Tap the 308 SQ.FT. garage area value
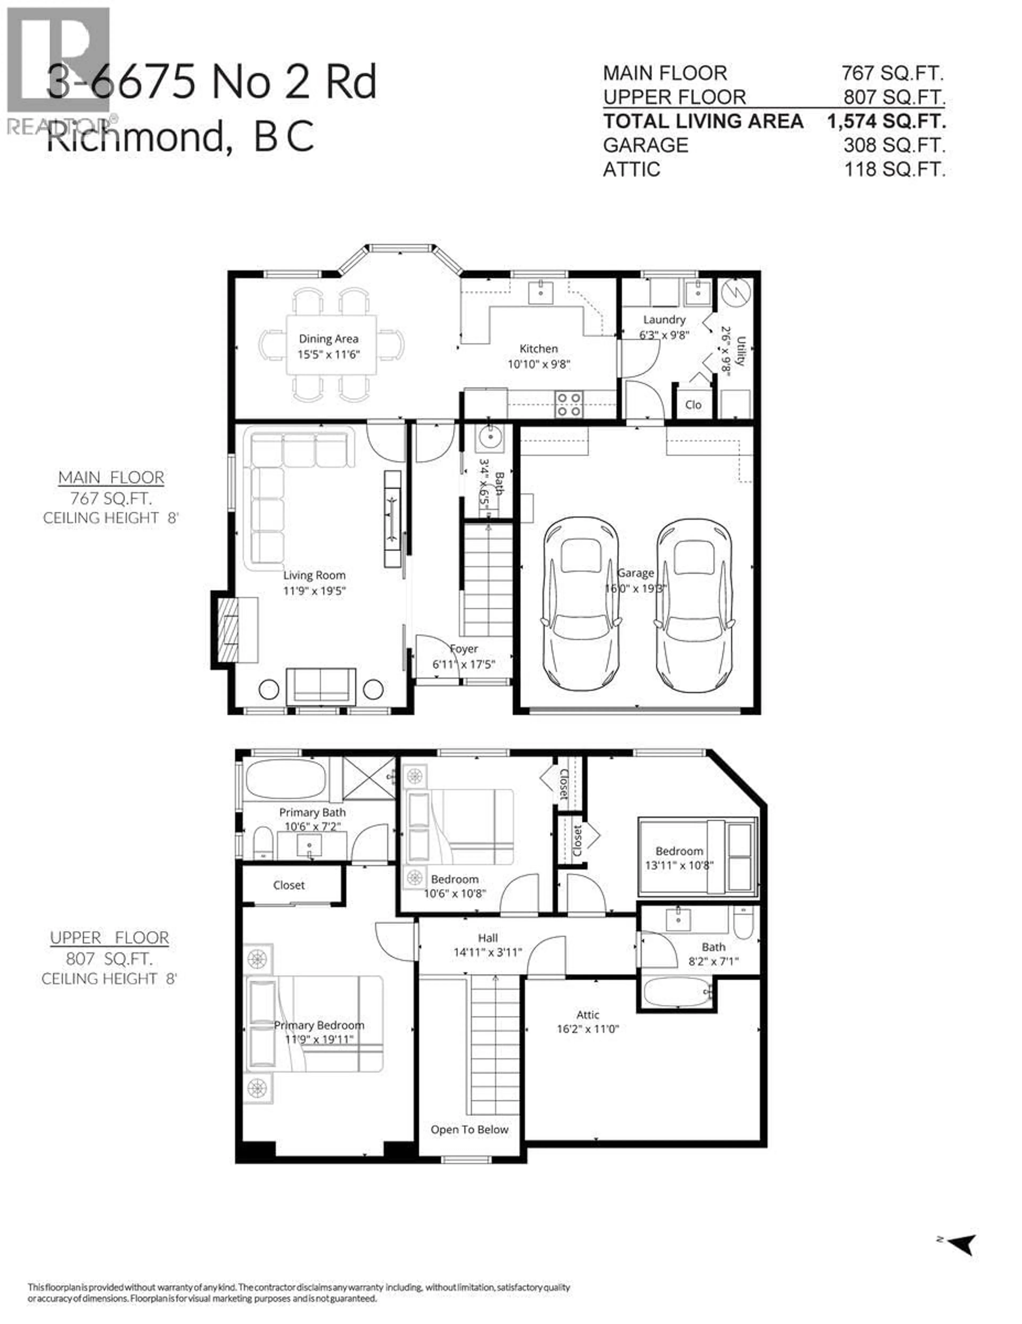(894, 145)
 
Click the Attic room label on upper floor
(588, 1015)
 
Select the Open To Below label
(469, 1129)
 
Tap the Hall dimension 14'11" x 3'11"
(488, 952)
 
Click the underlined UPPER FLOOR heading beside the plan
(110, 938)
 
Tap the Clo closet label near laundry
(693, 404)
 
